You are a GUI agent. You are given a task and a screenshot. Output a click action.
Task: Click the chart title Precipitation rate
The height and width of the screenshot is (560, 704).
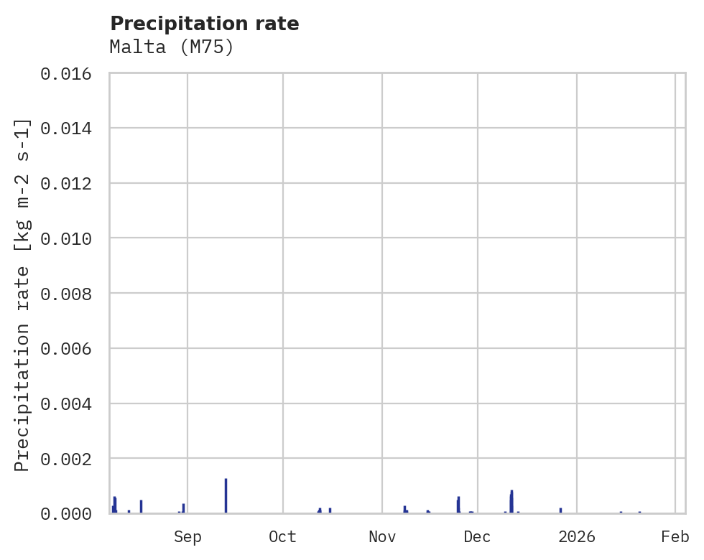click(x=204, y=24)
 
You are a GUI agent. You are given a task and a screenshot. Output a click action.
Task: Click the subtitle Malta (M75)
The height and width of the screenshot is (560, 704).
click(x=172, y=47)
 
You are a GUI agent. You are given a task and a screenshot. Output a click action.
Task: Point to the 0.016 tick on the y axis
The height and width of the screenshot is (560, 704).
click(x=70, y=73)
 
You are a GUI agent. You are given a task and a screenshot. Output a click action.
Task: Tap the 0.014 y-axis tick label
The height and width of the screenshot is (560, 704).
click(x=70, y=128)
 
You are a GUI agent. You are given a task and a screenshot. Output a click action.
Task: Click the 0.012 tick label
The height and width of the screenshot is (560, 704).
click(x=70, y=183)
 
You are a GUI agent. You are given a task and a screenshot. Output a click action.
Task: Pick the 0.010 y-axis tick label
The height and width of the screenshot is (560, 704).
click(x=70, y=238)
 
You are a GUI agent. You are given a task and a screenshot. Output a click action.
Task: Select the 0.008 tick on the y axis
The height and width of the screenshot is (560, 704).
click(x=70, y=294)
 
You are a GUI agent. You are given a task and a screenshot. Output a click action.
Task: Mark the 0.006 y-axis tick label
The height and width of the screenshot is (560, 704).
click(x=70, y=349)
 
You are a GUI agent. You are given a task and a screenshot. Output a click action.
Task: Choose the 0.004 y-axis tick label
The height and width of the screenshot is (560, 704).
click(x=70, y=403)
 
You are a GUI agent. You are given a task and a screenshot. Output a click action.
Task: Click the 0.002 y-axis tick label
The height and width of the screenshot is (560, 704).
click(x=70, y=459)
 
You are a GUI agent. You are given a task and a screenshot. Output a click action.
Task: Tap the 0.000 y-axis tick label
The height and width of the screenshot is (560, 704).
click(x=70, y=513)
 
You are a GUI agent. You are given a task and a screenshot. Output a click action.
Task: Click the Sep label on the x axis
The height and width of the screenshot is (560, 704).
click(x=187, y=537)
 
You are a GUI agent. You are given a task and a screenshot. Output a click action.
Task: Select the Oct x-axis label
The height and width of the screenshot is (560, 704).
click(x=283, y=537)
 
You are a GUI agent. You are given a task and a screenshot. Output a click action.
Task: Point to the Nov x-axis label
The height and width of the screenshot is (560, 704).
click(x=382, y=537)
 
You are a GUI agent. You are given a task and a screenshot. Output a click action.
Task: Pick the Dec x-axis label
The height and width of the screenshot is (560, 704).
click(x=478, y=537)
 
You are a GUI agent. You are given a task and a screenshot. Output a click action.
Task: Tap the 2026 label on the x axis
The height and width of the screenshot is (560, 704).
click(x=577, y=537)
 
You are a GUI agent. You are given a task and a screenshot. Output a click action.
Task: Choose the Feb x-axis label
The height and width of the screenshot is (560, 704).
click(x=675, y=537)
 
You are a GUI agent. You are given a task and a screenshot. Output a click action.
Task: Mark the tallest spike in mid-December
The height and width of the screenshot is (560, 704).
click(x=511, y=500)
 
